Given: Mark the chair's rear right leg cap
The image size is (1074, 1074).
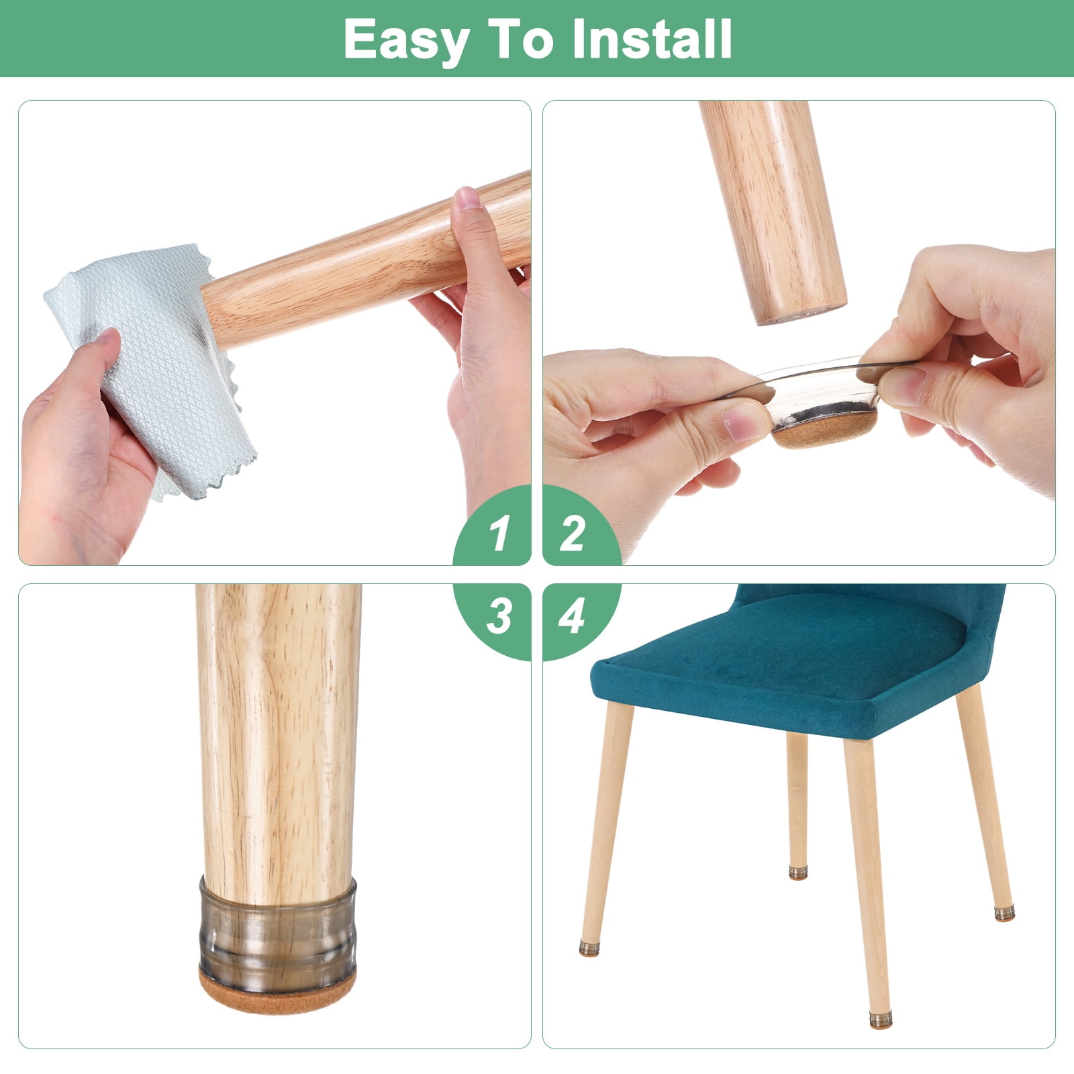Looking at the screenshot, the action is click(x=1004, y=913).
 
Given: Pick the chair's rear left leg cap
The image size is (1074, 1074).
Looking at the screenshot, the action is click(x=797, y=873).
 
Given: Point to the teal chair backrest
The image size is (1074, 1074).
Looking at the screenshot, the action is click(x=873, y=604).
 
